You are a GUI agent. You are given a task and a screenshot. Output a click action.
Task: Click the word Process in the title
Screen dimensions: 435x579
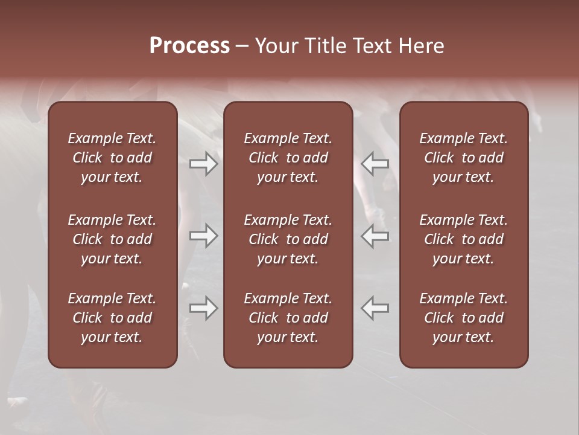tap(189, 46)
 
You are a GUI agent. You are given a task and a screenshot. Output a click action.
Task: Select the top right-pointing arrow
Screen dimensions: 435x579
tap(204, 164)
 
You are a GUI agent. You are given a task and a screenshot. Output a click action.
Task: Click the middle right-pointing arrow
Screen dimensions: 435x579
tap(204, 236)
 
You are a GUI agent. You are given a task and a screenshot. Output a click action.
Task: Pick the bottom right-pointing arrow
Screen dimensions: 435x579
tap(204, 308)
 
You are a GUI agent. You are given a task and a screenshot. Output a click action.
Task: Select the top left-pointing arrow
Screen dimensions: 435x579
tap(375, 164)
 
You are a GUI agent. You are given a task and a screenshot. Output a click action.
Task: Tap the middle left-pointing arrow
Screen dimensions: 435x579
tap(375, 236)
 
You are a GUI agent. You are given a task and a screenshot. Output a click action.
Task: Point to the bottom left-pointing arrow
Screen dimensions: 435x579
tap(375, 308)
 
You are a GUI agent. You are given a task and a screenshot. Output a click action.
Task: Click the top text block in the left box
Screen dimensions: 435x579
tap(112, 158)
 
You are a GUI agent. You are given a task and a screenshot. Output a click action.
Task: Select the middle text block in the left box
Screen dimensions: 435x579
tap(112, 239)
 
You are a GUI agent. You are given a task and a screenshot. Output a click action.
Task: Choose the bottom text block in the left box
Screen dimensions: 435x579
tap(112, 318)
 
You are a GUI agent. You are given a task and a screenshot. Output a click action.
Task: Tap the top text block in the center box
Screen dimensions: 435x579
tap(288, 158)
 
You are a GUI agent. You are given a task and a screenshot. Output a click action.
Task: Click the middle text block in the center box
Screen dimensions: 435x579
tap(288, 239)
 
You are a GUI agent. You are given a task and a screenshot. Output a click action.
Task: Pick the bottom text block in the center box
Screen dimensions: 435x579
tap(288, 318)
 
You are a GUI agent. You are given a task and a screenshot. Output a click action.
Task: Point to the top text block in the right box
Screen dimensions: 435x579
tap(464, 158)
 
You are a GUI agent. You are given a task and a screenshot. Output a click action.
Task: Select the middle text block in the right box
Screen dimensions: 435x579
tap(464, 239)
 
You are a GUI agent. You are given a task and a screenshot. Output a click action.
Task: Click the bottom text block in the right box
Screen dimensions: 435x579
tap(464, 318)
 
